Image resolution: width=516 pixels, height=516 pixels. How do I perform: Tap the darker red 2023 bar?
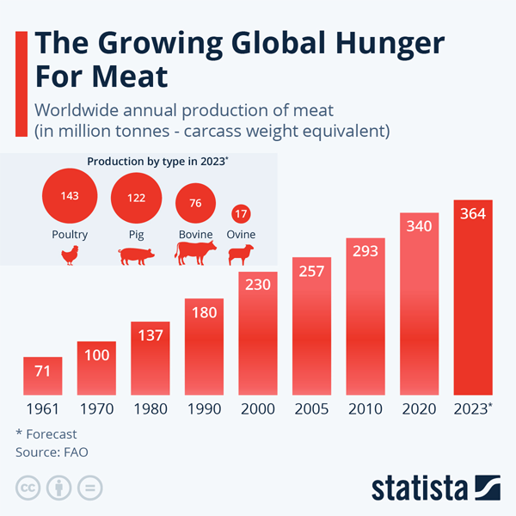click(x=473, y=301)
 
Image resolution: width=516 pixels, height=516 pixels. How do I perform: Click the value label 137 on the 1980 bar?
click(x=150, y=335)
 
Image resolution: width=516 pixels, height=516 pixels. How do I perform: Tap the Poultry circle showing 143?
click(x=70, y=196)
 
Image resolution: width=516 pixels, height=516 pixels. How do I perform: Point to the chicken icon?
click(x=70, y=255)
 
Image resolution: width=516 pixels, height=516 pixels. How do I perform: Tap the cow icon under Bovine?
click(x=196, y=253)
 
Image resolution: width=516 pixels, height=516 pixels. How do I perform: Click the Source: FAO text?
click(x=52, y=451)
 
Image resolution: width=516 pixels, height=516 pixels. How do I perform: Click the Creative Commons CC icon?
click(x=29, y=488)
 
